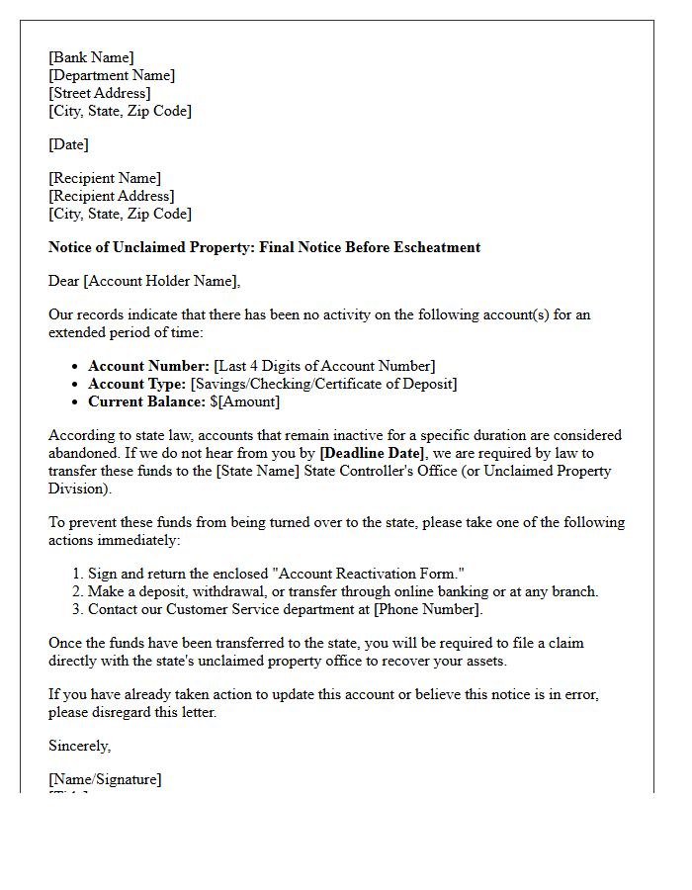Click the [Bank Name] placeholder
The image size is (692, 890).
coord(91,57)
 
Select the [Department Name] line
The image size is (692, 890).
coord(112,75)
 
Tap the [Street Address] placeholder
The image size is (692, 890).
coord(100,93)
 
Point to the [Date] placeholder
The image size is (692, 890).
coord(68,144)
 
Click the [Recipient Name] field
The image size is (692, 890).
coord(105,178)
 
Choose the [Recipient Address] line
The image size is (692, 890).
coord(112,196)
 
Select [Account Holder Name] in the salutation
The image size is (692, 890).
coord(161,281)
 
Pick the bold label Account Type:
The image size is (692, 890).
coord(137,384)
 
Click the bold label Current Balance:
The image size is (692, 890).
coord(146,401)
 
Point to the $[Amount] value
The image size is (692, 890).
coord(244,401)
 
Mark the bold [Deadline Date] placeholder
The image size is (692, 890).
coord(372,453)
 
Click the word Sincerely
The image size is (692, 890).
coord(80,746)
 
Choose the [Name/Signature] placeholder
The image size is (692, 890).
coord(105,779)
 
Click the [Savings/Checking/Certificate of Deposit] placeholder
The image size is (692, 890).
coord(323,384)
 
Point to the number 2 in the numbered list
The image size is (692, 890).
coord(76,591)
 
